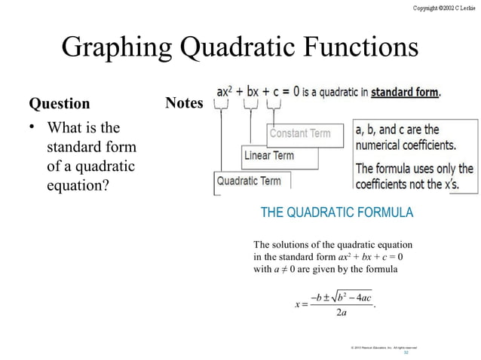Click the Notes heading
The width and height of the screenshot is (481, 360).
184,102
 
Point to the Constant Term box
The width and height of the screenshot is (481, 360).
300,133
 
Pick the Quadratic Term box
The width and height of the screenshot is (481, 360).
249,181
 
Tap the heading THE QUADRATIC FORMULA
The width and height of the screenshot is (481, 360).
336,212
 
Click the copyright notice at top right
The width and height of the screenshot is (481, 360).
443,7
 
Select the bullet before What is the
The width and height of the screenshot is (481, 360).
33,127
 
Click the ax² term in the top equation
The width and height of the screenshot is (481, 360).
224,92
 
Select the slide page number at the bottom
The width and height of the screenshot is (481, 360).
406,352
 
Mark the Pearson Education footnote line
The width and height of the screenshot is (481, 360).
384,346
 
